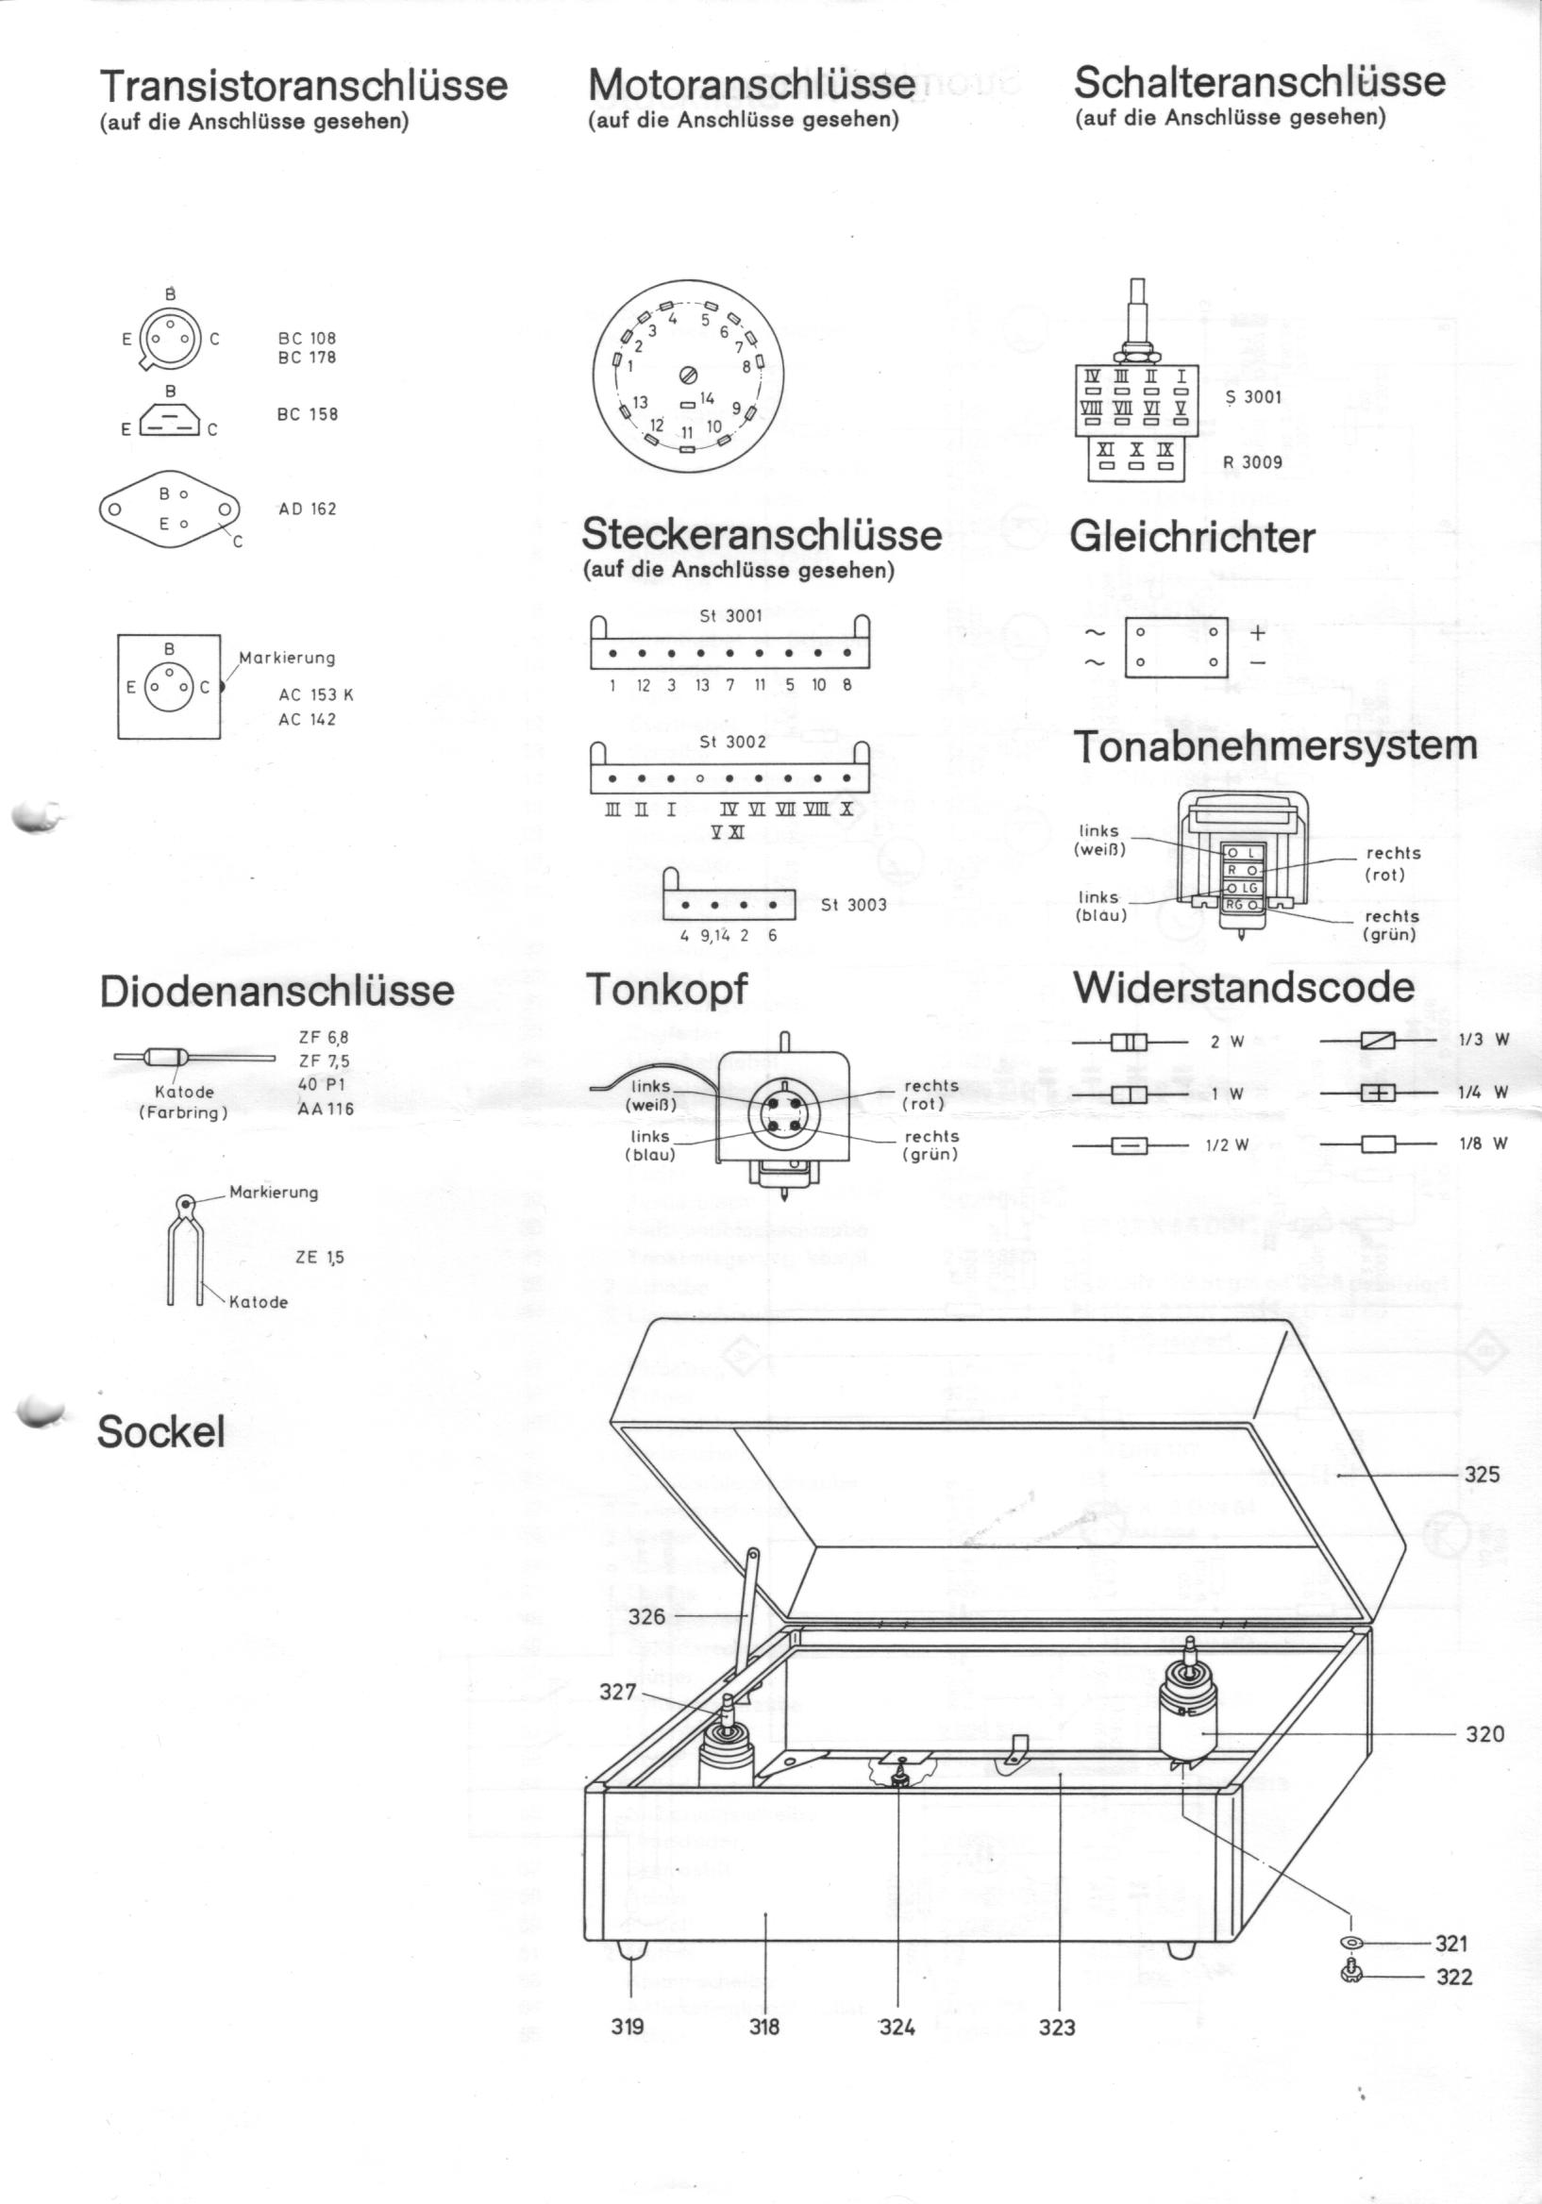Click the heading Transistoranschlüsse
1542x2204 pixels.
(304, 86)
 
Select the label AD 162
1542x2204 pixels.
(308, 509)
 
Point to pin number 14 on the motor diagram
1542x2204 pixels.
(708, 397)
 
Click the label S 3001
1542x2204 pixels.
(1253, 396)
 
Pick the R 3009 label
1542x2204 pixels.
(1252, 461)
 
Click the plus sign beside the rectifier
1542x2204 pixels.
(1258, 632)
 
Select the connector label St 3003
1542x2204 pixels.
(853, 904)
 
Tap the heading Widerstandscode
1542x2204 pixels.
(1244, 988)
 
